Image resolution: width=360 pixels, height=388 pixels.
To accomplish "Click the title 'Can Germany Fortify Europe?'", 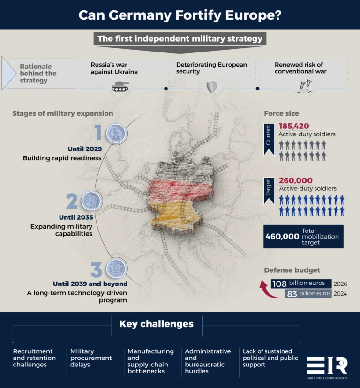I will pos(180,15).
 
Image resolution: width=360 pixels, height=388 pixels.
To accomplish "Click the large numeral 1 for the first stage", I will pos(98,133).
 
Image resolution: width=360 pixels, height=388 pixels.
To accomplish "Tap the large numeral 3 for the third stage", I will pos(96,270).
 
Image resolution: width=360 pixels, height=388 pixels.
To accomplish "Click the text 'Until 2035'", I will pos(76,217).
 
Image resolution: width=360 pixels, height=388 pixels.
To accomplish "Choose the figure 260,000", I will pos(296,180).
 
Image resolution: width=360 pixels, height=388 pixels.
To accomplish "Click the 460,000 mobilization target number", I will pos(282,237).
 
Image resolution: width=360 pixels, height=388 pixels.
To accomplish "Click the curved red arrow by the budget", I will pos(266,290).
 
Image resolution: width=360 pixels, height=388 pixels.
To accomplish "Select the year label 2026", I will pos(340,284).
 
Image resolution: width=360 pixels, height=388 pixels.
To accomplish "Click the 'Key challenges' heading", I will pos(156,324).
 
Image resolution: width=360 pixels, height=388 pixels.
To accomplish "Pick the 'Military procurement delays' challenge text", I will pos(91,358).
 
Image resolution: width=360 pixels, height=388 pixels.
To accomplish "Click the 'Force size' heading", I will pos(281,113).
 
